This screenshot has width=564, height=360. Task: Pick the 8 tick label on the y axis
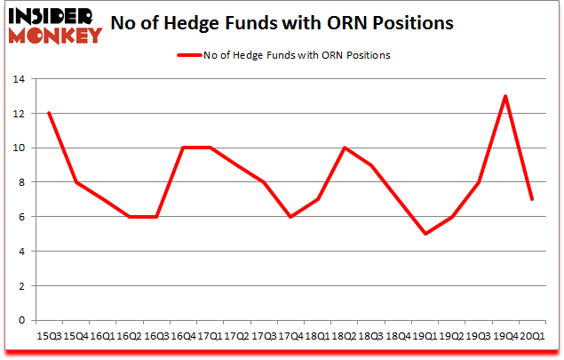tap(20, 183)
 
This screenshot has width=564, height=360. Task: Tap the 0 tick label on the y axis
tap(20, 321)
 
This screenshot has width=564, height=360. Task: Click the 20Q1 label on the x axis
tap(531, 336)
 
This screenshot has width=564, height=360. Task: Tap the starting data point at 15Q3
tap(48, 114)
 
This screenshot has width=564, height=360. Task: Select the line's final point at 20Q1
tap(531, 199)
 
